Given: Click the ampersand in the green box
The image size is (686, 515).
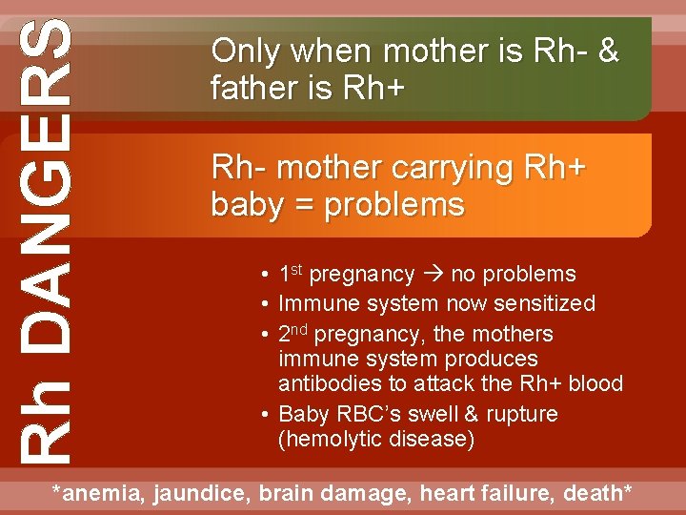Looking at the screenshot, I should [x=607, y=51].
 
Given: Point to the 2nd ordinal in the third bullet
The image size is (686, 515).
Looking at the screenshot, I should [x=293, y=334].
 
